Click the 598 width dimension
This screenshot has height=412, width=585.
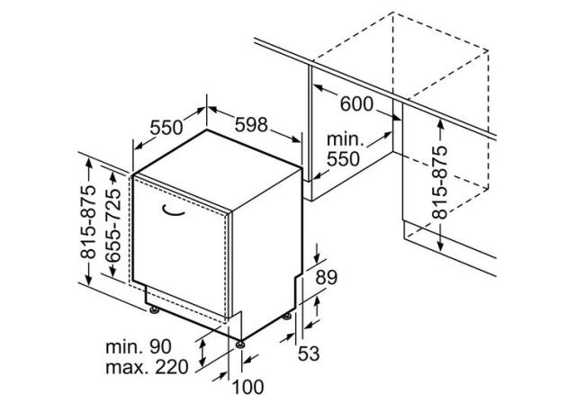[x=251, y=124]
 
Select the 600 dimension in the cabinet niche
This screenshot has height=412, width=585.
[x=356, y=104]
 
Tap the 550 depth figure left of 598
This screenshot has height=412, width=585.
[x=166, y=128]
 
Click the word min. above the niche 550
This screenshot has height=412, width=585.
[x=345, y=139]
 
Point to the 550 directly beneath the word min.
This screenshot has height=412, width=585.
[x=343, y=158]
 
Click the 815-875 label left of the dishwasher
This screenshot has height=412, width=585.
[x=88, y=221]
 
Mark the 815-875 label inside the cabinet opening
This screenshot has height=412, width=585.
[x=439, y=182]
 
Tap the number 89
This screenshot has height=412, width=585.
[x=327, y=277]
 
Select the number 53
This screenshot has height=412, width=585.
[x=309, y=354]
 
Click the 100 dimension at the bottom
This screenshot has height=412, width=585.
[x=248, y=387]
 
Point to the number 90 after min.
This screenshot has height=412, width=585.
[x=160, y=346]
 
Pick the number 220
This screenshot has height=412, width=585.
[x=172, y=367]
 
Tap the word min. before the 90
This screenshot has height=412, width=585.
[x=124, y=347]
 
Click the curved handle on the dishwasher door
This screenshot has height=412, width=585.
[x=173, y=211]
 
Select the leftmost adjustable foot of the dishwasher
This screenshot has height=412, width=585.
[x=154, y=309]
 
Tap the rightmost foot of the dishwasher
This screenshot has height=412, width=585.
[x=286, y=317]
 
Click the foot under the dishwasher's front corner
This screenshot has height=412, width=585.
[x=240, y=345]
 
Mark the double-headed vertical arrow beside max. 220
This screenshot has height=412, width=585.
[x=202, y=354]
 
